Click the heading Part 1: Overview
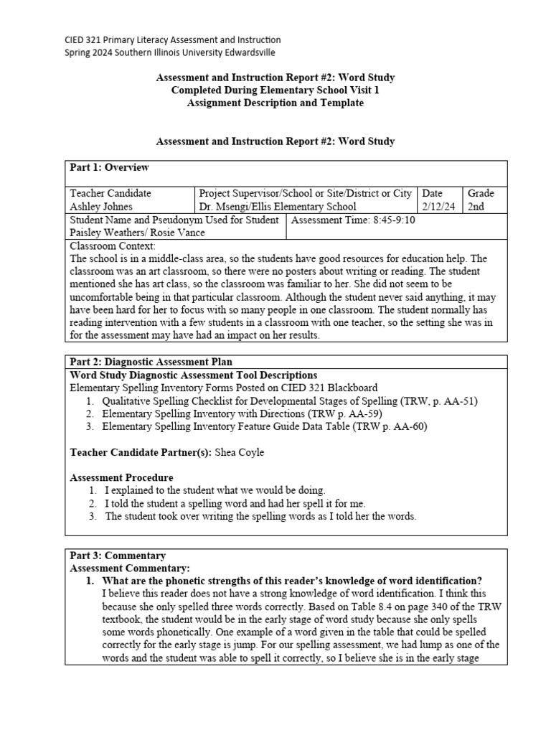pyautogui.click(x=109, y=167)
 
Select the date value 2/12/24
pyautogui.click(x=440, y=207)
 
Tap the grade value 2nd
pyautogui.click(x=476, y=207)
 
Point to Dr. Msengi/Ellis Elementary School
pyautogui.click(x=277, y=207)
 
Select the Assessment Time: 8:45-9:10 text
pyautogui.click(x=353, y=220)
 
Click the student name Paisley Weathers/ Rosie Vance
pyautogui.click(x=137, y=233)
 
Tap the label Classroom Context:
pyautogui.click(x=108, y=246)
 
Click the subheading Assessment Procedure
pyautogui.click(x=121, y=477)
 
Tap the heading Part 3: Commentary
pyautogui.click(x=118, y=556)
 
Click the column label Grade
pyautogui.click(x=481, y=193)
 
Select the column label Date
pyautogui.click(x=433, y=193)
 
